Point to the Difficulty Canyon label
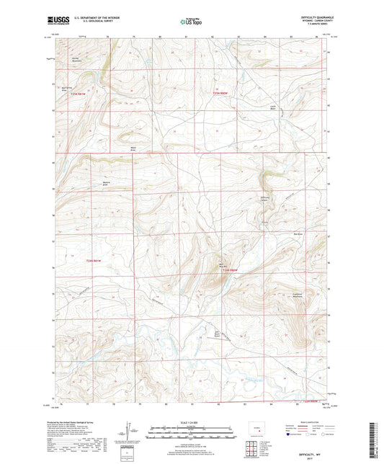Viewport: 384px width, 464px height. (x=266, y=199)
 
